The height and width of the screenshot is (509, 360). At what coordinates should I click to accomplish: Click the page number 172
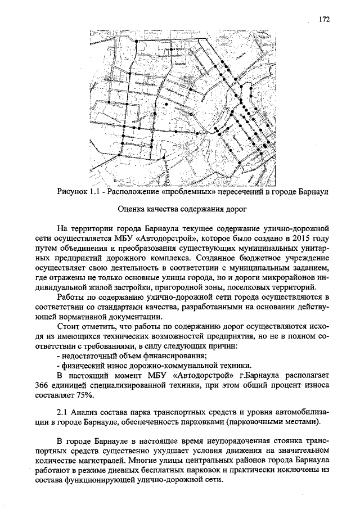tap(324, 19)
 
